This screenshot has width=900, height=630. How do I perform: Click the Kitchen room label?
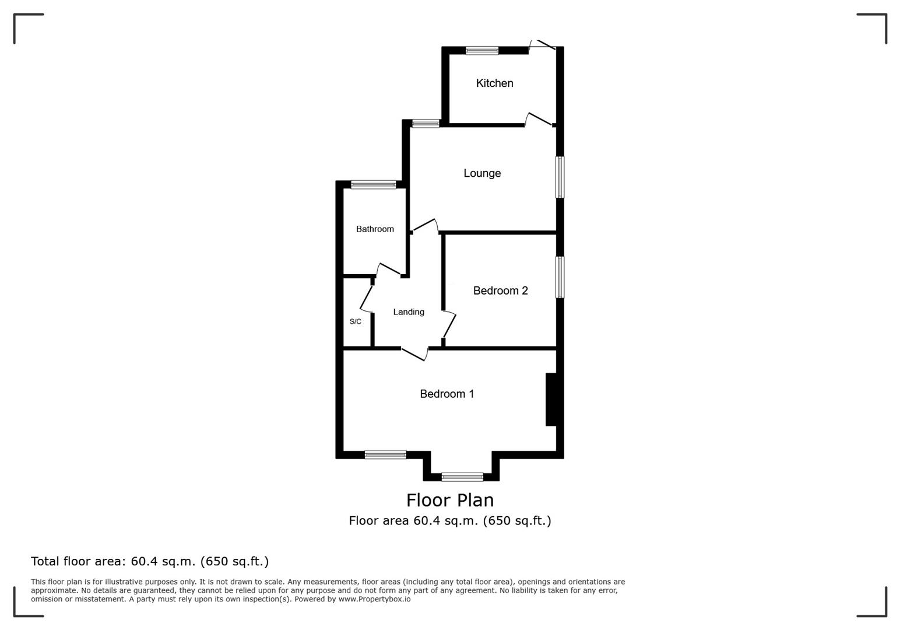point(495,83)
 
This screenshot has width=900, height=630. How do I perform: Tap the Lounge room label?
point(482,173)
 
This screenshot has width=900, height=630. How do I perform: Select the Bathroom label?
point(375,229)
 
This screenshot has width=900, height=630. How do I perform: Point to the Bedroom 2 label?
point(500,290)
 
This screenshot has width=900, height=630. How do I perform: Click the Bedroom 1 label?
point(447,394)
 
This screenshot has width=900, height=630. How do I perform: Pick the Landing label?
point(409,312)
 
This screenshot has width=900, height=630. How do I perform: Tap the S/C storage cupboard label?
point(356,321)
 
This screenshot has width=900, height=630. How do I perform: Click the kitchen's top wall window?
point(482,50)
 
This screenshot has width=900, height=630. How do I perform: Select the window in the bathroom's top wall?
point(374,184)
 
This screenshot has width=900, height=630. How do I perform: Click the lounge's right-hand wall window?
point(560,177)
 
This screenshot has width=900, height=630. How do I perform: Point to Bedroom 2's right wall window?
point(560,278)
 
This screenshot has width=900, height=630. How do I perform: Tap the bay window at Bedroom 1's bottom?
point(462,477)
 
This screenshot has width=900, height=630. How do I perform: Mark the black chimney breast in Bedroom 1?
point(551,399)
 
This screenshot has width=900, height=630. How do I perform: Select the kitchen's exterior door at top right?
point(542,45)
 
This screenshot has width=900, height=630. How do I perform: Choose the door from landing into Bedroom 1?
point(414,354)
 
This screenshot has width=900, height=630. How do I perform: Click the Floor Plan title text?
point(450,501)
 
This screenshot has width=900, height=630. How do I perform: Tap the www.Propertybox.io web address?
point(374,599)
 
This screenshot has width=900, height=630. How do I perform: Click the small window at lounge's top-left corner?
point(426,124)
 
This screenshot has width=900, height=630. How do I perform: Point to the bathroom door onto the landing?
point(388,269)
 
